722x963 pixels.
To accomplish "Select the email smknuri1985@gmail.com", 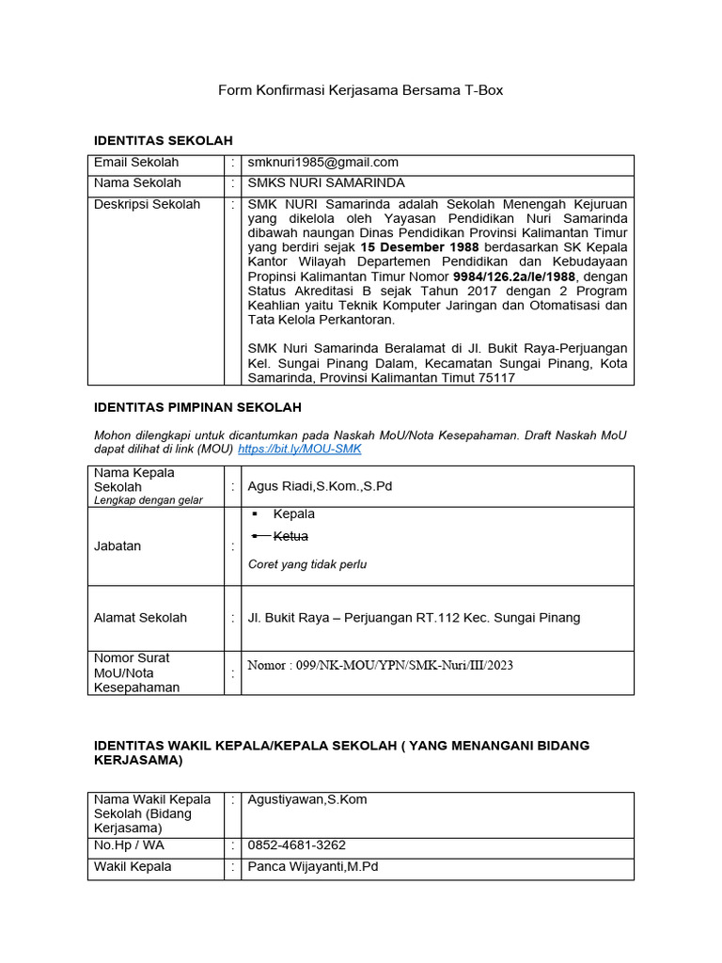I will (322, 163).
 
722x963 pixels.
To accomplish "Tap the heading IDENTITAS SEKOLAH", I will (163, 140).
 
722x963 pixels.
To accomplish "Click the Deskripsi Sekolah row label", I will (147, 204).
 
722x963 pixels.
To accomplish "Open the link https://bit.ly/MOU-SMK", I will (299, 450).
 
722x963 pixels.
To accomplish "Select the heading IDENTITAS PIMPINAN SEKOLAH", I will (197, 406).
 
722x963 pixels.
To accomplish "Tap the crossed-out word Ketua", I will (290, 536).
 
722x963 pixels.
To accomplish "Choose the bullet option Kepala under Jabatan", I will (293, 514).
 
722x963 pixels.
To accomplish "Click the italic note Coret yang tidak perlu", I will (307, 564).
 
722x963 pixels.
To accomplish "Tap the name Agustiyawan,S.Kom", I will (306, 799).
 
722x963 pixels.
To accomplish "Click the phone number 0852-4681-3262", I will (297, 845).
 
